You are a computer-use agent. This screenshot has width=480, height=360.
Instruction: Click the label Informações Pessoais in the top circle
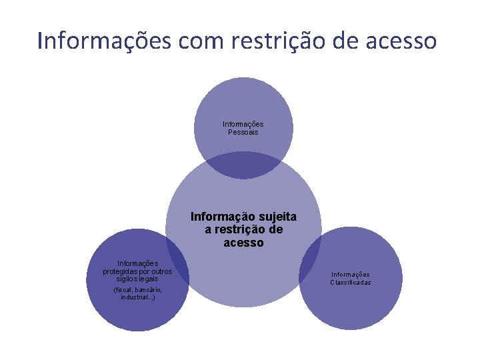coord(243,128)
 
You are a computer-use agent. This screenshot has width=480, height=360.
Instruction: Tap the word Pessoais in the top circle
coord(243,132)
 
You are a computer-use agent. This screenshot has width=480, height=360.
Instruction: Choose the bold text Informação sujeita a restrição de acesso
coord(244,230)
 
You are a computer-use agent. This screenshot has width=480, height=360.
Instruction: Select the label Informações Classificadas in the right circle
coord(351,279)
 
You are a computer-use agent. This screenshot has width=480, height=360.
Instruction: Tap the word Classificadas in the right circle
coord(351,283)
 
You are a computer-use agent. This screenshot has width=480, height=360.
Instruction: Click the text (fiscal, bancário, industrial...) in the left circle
coord(137,294)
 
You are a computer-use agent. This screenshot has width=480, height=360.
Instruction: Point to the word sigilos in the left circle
coord(125,279)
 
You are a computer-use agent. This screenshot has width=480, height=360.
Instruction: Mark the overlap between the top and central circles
coord(243,165)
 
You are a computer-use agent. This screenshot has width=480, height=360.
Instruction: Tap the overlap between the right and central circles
coord(311,260)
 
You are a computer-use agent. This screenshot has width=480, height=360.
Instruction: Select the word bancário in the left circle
coord(147,291)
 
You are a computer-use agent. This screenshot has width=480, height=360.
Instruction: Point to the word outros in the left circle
coord(161,271)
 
